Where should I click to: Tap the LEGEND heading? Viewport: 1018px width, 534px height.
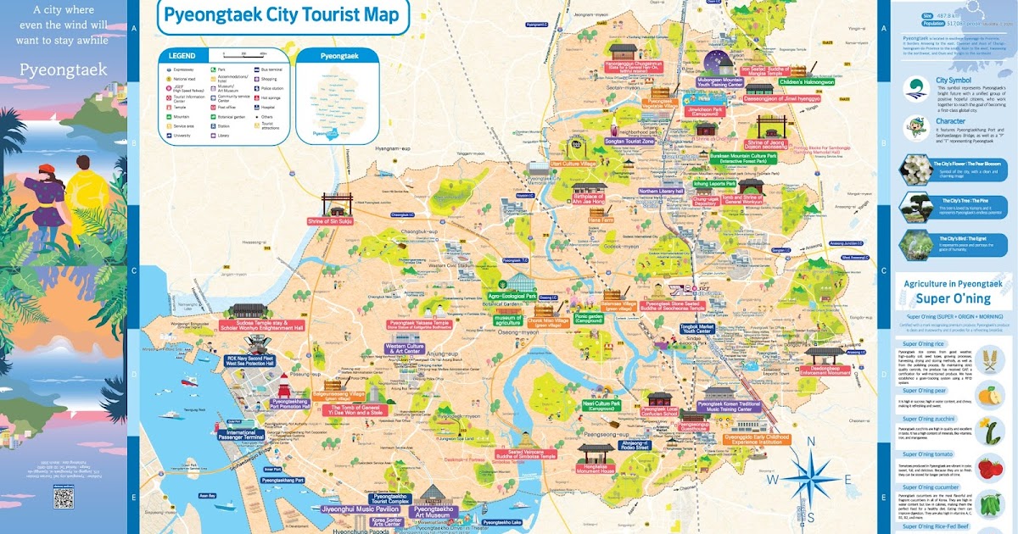[x=182, y=56]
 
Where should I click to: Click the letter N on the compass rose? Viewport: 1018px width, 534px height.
[x=811, y=440]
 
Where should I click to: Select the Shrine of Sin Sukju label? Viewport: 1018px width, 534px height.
[x=329, y=221]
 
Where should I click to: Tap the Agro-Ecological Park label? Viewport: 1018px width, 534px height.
[x=512, y=297]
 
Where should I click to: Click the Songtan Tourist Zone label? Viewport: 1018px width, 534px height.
[x=648, y=142]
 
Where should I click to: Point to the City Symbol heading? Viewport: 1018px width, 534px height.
[x=953, y=81]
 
